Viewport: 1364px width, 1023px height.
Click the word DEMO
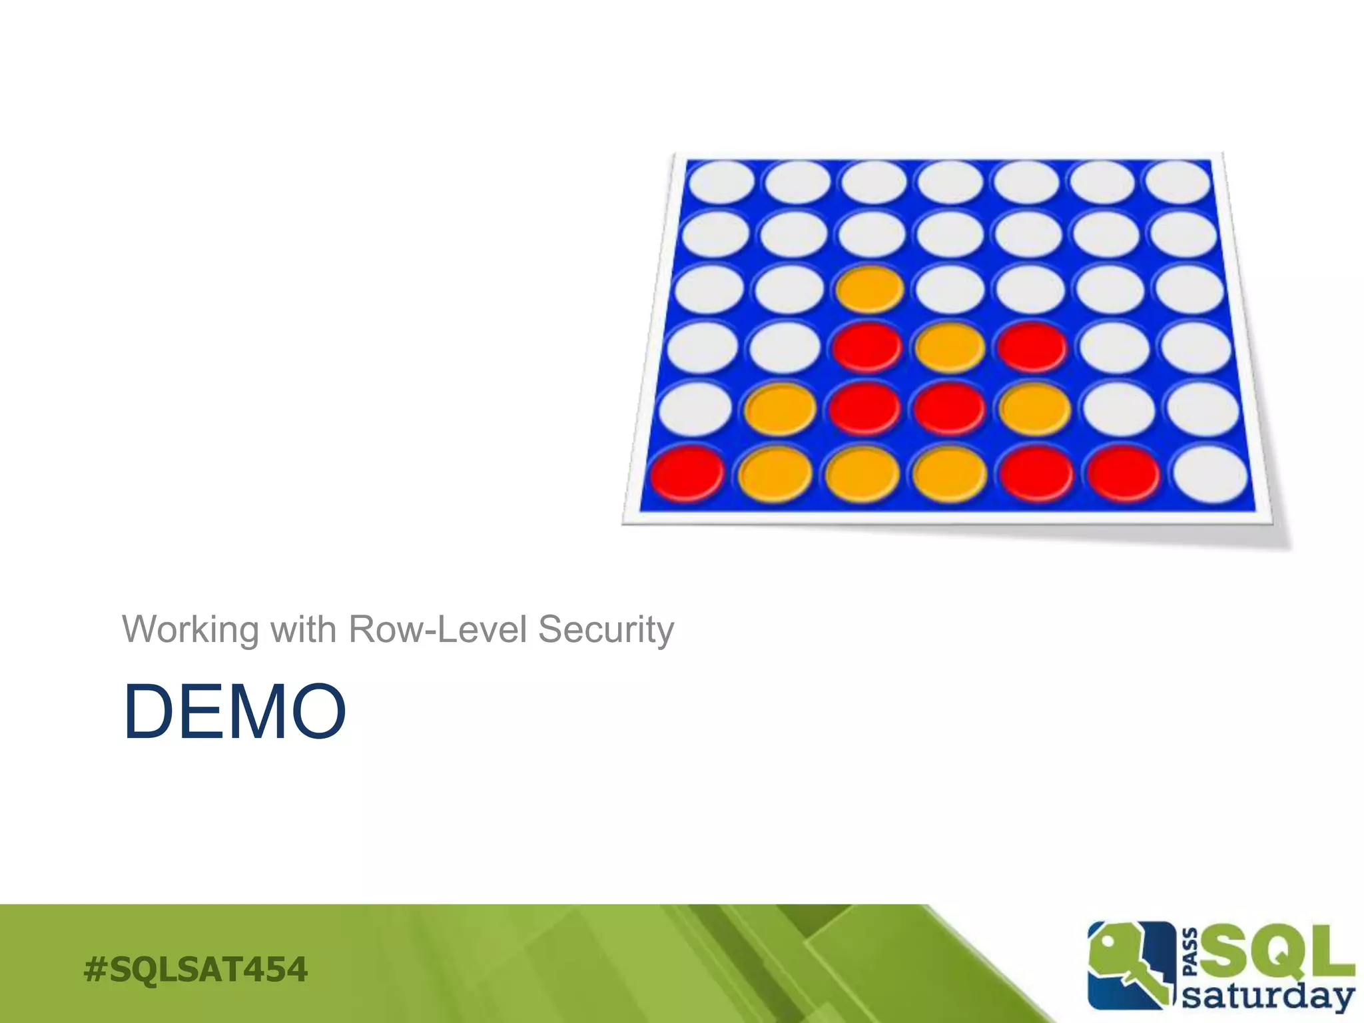tap(234, 711)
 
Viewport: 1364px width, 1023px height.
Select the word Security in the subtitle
tap(606, 629)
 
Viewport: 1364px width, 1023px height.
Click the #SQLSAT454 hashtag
tap(196, 969)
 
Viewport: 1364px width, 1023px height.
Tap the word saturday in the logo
tap(1269, 996)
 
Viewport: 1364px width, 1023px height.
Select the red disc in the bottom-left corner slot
tap(687, 473)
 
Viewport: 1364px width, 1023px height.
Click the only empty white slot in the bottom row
tap(1209, 474)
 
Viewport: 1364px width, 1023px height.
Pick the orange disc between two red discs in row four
tap(950, 347)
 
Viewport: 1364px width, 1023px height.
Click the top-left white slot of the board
tap(721, 181)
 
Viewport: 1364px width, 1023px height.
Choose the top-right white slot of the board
tap(1178, 181)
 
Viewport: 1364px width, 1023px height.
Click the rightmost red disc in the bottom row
tap(1124, 474)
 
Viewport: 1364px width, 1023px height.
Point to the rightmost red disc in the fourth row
tap(1032, 347)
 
